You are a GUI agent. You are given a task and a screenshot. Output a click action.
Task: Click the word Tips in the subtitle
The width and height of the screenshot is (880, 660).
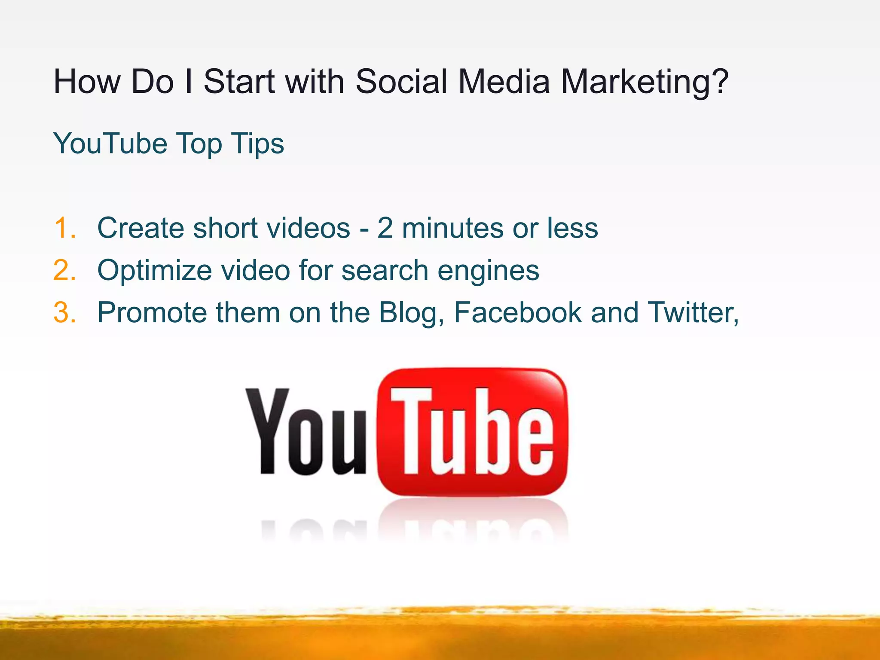[257, 144]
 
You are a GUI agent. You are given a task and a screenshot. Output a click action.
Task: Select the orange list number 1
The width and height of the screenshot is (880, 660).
[65, 228]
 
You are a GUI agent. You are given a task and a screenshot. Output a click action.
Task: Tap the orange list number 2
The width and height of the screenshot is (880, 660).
[65, 270]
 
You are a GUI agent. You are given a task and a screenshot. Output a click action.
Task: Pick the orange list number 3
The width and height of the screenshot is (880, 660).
[65, 312]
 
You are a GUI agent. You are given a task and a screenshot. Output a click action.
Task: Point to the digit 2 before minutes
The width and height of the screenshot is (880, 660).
[385, 228]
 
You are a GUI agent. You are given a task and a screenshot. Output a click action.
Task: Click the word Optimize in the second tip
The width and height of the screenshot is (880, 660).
[155, 271]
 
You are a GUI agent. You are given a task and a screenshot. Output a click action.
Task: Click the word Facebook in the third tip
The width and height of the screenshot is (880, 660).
[517, 312]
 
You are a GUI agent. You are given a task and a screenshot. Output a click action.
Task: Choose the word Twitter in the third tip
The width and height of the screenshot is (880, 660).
[692, 312]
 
